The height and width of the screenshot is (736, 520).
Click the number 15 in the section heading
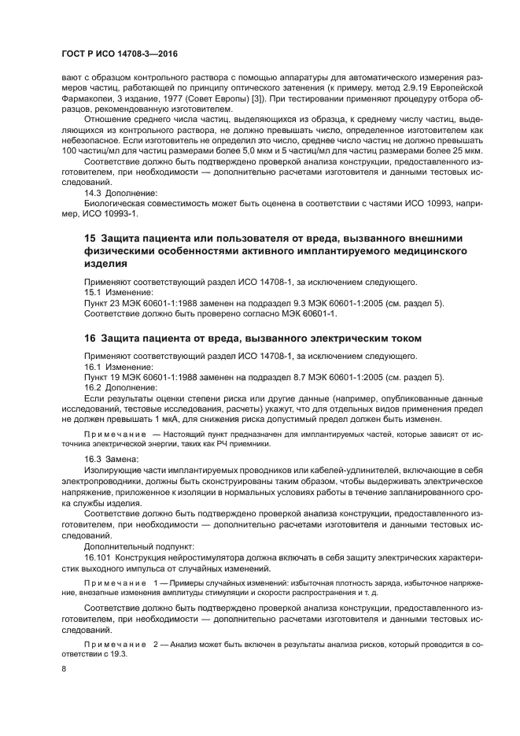pyautogui.click(x=90, y=238)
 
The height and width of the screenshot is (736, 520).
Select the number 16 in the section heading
pyautogui.click(x=90, y=338)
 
